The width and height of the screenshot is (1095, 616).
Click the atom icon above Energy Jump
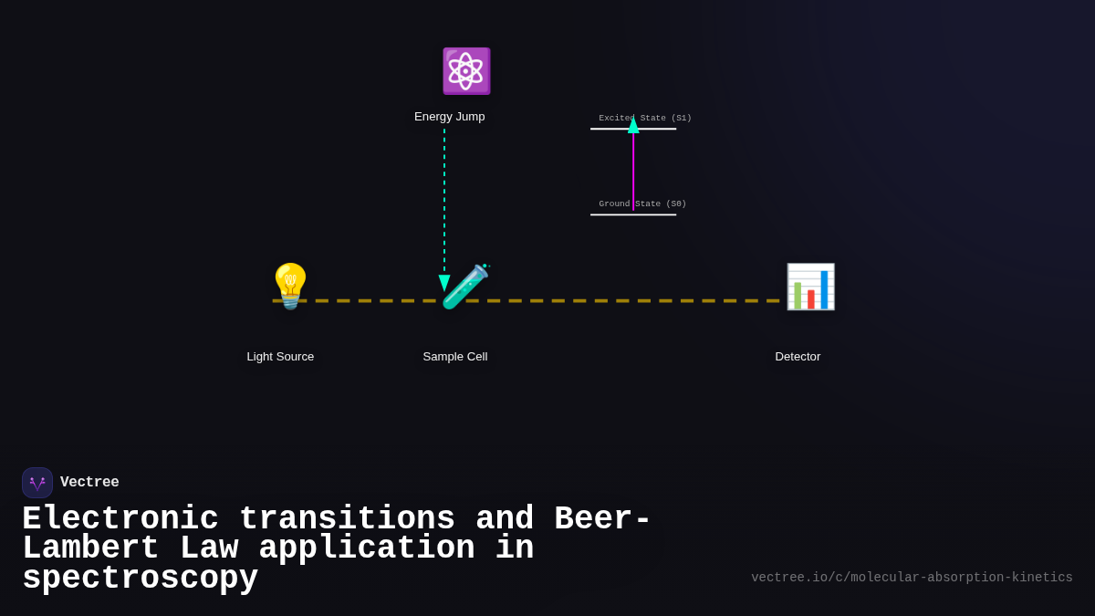(x=465, y=71)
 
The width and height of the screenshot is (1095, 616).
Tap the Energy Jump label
(x=449, y=117)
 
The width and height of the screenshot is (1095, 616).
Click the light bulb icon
(x=290, y=286)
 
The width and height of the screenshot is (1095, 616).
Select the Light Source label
(x=280, y=357)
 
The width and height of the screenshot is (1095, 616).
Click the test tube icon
(x=464, y=287)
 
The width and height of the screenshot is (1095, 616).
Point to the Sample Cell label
(x=454, y=357)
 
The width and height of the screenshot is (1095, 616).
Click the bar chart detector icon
(x=810, y=287)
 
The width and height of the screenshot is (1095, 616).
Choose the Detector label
(x=798, y=357)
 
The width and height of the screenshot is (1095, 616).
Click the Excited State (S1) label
(x=645, y=118)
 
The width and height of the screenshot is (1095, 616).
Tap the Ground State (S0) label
(x=642, y=204)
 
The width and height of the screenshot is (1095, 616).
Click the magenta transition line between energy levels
(x=633, y=173)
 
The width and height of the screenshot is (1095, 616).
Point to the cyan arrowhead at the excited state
(x=633, y=126)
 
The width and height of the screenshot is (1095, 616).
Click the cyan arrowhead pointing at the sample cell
(x=444, y=283)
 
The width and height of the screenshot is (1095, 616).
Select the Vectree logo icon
(x=37, y=483)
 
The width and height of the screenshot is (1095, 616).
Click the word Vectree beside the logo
(x=89, y=483)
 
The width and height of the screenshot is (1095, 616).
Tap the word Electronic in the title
(x=120, y=519)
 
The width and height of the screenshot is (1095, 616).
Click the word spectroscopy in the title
(x=140, y=579)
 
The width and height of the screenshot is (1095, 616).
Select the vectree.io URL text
(x=912, y=578)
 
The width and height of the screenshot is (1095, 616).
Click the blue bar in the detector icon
(x=824, y=289)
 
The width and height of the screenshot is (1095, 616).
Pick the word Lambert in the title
(x=90, y=548)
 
